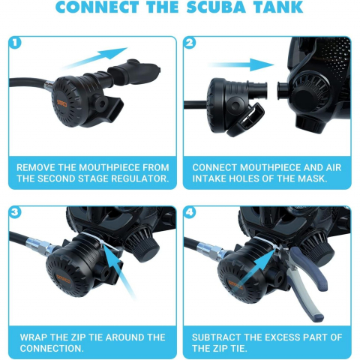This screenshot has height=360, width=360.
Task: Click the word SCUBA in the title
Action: [x=216, y=7]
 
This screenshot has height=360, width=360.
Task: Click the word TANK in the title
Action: [x=278, y=7]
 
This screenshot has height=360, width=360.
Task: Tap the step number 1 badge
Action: [x=15, y=43]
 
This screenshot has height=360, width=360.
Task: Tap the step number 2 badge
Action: [x=190, y=43]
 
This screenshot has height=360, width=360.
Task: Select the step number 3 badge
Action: [x=15, y=212]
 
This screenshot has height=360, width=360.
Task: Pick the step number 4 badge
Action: [x=190, y=212]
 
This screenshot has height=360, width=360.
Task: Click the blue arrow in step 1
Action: [x=94, y=58]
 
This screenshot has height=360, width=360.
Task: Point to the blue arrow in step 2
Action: [x=241, y=64]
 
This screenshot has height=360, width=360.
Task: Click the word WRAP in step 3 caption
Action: [x=34, y=337]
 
